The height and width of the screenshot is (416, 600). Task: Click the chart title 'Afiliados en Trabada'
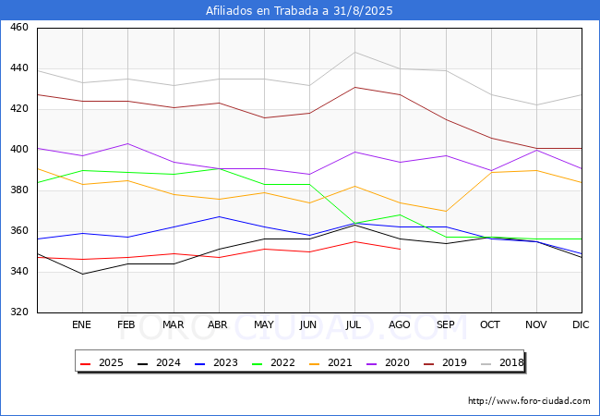(x=300, y=11)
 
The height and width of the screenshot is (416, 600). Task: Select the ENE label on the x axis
(x=82, y=325)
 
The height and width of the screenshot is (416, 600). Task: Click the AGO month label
(x=400, y=325)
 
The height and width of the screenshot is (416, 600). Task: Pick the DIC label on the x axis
(x=581, y=325)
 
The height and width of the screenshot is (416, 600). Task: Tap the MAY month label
(x=264, y=325)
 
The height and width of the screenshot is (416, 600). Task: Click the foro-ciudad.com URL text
(x=529, y=401)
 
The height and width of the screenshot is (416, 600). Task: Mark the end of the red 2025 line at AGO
(x=400, y=250)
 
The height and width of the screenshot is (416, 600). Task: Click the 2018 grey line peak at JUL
(x=354, y=52)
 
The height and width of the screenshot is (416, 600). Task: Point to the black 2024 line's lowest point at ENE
(x=82, y=274)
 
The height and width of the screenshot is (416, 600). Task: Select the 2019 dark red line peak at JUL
(x=354, y=87)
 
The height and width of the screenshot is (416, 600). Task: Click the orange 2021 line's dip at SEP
(x=445, y=211)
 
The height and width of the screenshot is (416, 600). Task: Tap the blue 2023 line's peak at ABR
(x=218, y=216)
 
